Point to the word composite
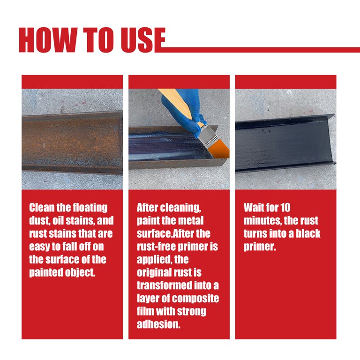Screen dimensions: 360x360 (197, 298)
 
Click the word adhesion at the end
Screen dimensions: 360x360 (158, 324)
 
